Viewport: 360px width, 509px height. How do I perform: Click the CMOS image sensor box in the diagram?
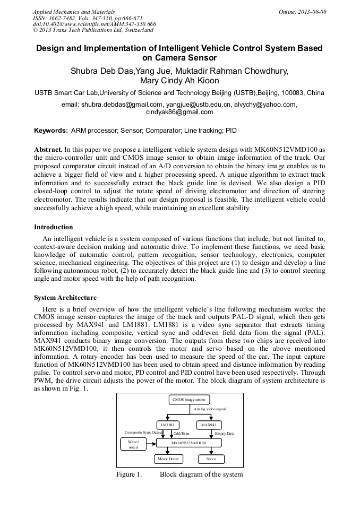coord(190,399)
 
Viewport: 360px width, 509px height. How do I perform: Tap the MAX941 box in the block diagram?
coord(209,425)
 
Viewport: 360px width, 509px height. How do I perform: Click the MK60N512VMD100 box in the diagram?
coord(188,442)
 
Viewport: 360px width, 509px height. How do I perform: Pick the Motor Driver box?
coord(168,459)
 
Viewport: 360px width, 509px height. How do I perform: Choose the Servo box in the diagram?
coord(211,459)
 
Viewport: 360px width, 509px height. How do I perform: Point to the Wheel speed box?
coord(133,444)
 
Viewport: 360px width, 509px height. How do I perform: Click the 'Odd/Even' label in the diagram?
coord(181,434)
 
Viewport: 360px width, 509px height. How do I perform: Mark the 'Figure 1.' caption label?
coord(129,474)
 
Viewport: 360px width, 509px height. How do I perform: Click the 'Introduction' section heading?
coord(54,227)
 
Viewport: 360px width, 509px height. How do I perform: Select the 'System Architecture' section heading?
coord(65,298)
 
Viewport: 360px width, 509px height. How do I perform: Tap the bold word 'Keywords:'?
coord(51,130)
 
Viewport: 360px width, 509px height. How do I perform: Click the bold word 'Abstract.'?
coord(48,150)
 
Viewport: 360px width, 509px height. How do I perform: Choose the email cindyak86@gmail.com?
coord(179,112)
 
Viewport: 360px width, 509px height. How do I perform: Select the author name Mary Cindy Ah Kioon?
coord(179,81)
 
